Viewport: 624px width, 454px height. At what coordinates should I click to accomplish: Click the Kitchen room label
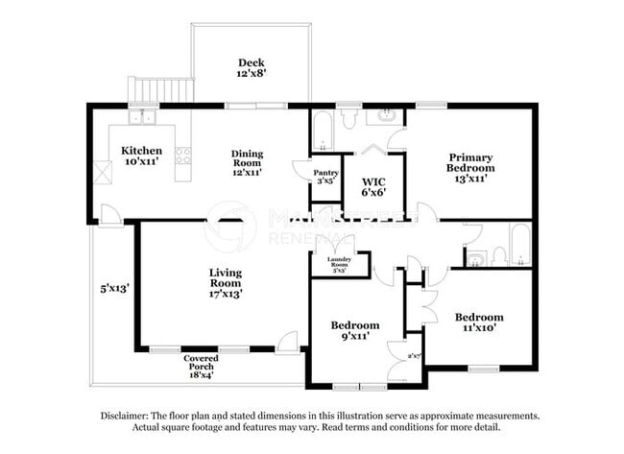click(x=141, y=156)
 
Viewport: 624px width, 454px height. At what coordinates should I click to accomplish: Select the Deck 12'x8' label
click(x=252, y=69)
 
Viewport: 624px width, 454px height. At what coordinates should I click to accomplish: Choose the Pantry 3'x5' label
click(x=326, y=175)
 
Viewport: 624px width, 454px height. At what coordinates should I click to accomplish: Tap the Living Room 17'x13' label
click(x=226, y=283)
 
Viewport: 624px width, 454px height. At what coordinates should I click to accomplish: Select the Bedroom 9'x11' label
click(x=354, y=330)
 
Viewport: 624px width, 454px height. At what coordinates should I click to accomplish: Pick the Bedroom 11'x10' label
click(x=478, y=323)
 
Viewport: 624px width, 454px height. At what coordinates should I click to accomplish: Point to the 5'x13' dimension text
click(x=114, y=286)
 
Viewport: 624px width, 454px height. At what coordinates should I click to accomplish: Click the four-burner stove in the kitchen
click(x=182, y=155)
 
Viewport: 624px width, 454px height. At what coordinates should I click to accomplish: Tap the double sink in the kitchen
click(x=145, y=117)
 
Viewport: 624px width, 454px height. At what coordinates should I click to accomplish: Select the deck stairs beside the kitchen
click(x=159, y=91)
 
